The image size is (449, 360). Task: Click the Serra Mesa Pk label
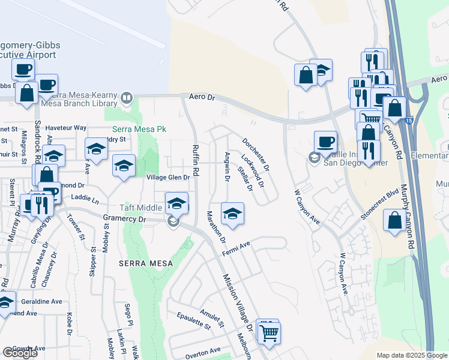tap(139, 129)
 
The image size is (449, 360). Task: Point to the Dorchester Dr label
tap(256, 154)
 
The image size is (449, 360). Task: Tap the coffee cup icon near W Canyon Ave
tap(325, 142)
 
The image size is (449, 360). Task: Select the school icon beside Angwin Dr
tap(232, 212)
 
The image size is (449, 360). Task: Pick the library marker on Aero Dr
tap(127, 98)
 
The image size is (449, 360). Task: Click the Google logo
tap(20, 353)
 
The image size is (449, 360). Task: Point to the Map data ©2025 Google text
tap(411, 355)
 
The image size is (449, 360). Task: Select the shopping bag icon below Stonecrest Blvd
tap(395, 220)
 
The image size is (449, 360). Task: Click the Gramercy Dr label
tap(124, 220)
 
